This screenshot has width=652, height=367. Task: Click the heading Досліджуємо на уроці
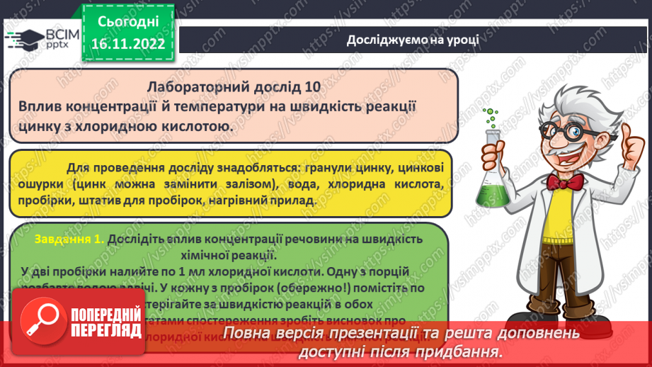tap(413, 39)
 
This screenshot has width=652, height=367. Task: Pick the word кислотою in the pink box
tap(198, 126)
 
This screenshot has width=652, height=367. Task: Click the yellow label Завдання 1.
tap(69, 239)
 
